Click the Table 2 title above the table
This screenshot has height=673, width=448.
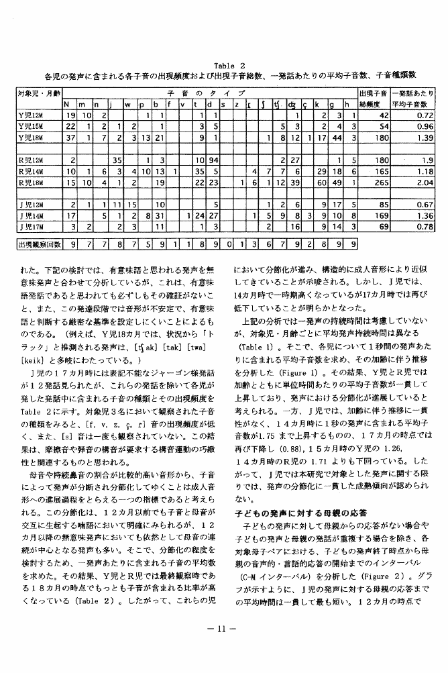point(223,65)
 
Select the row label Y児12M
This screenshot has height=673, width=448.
point(31,116)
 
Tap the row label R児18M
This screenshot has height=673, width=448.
point(31,183)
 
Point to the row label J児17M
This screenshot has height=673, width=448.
point(31,226)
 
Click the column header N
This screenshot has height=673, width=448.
point(67,104)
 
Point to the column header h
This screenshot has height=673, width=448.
point(347,104)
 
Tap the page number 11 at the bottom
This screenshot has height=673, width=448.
point(223,628)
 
